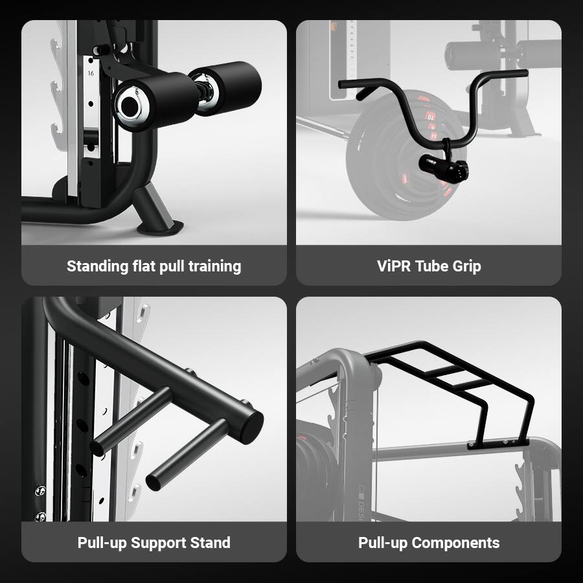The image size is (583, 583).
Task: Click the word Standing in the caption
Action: click(96, 266)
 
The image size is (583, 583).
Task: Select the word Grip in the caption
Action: click(465, 266)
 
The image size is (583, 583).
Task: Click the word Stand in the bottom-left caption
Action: click(211, 543)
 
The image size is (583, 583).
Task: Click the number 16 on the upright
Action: click(90, 74)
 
